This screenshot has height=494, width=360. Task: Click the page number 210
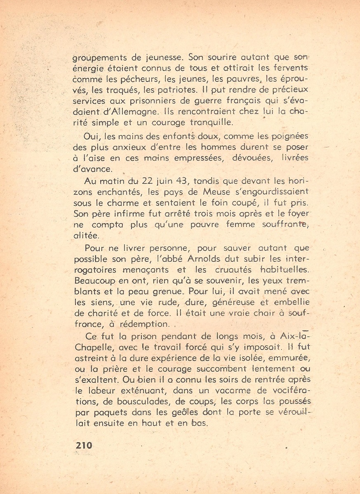pos(84,445)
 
